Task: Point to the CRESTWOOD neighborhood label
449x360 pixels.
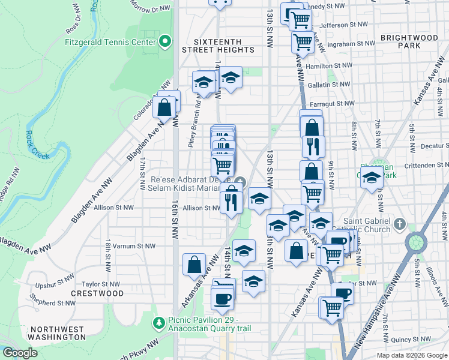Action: tap(97, 294)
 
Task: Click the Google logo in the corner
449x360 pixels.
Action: tap(20, 353)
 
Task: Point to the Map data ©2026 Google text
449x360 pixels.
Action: tap(412, 355)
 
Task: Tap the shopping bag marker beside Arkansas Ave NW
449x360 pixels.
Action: tap(194, 264)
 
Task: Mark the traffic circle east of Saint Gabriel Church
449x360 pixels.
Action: tap(415, 242)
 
